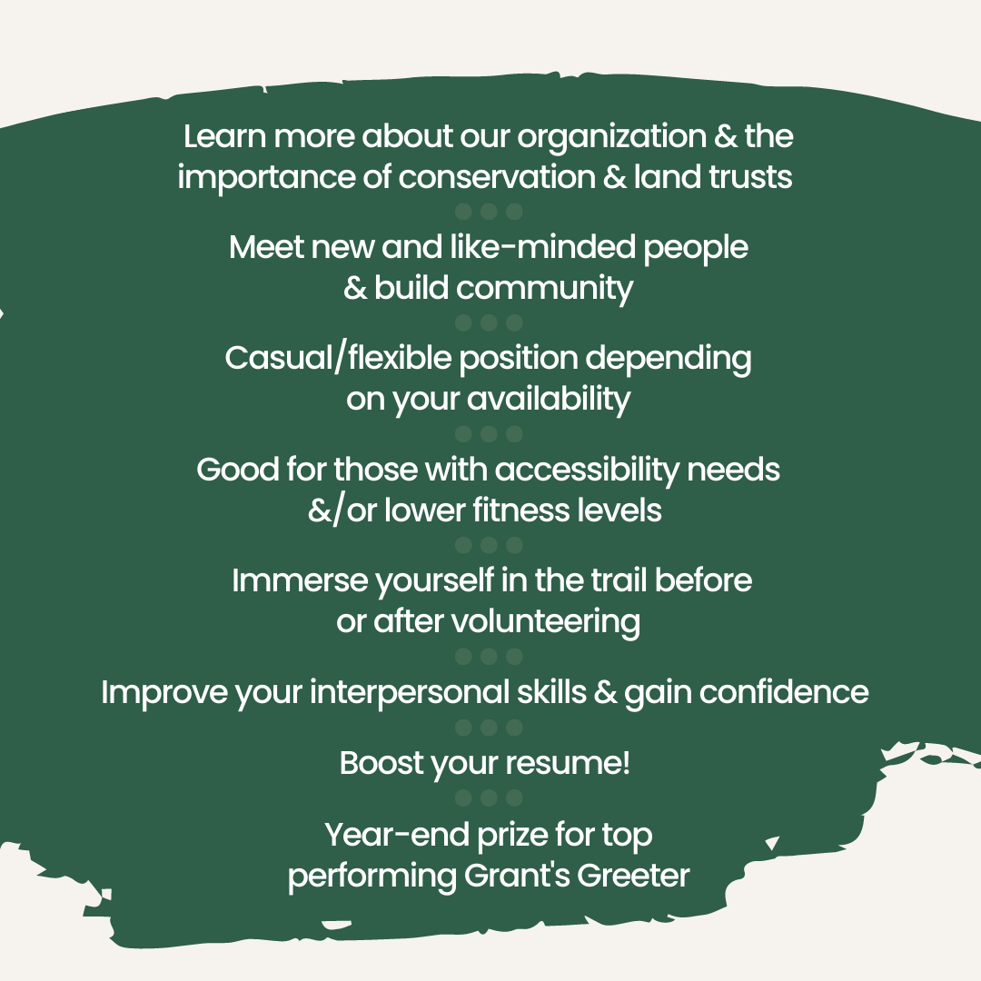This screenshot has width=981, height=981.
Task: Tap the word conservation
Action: click(497, 177)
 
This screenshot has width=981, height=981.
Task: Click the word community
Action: click(544, 290)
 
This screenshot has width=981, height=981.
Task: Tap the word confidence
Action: click(784, 692)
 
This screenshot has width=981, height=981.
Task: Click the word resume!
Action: click(568, 764)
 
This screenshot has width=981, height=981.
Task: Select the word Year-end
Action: click(397, 835)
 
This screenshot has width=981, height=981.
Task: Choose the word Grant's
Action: click(517, 876)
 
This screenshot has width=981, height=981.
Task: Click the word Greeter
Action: click(633, 876)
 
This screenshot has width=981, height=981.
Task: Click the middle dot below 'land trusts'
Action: click(489, 212)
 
